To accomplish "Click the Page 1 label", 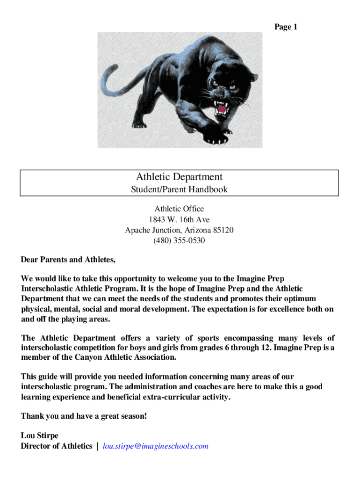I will click(286, 27).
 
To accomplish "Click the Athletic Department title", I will click(179, 177).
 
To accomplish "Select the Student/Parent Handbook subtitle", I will click(179, 189).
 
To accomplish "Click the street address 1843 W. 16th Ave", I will click(179, 219).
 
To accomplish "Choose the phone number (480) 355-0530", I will click(179, 241).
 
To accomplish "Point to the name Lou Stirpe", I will click(40, 435).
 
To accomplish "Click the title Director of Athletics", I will click(57, 446).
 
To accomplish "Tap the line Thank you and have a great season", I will click(84, 416).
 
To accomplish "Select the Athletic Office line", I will click(179, 209).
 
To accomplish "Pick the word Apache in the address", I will click(138, 230).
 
